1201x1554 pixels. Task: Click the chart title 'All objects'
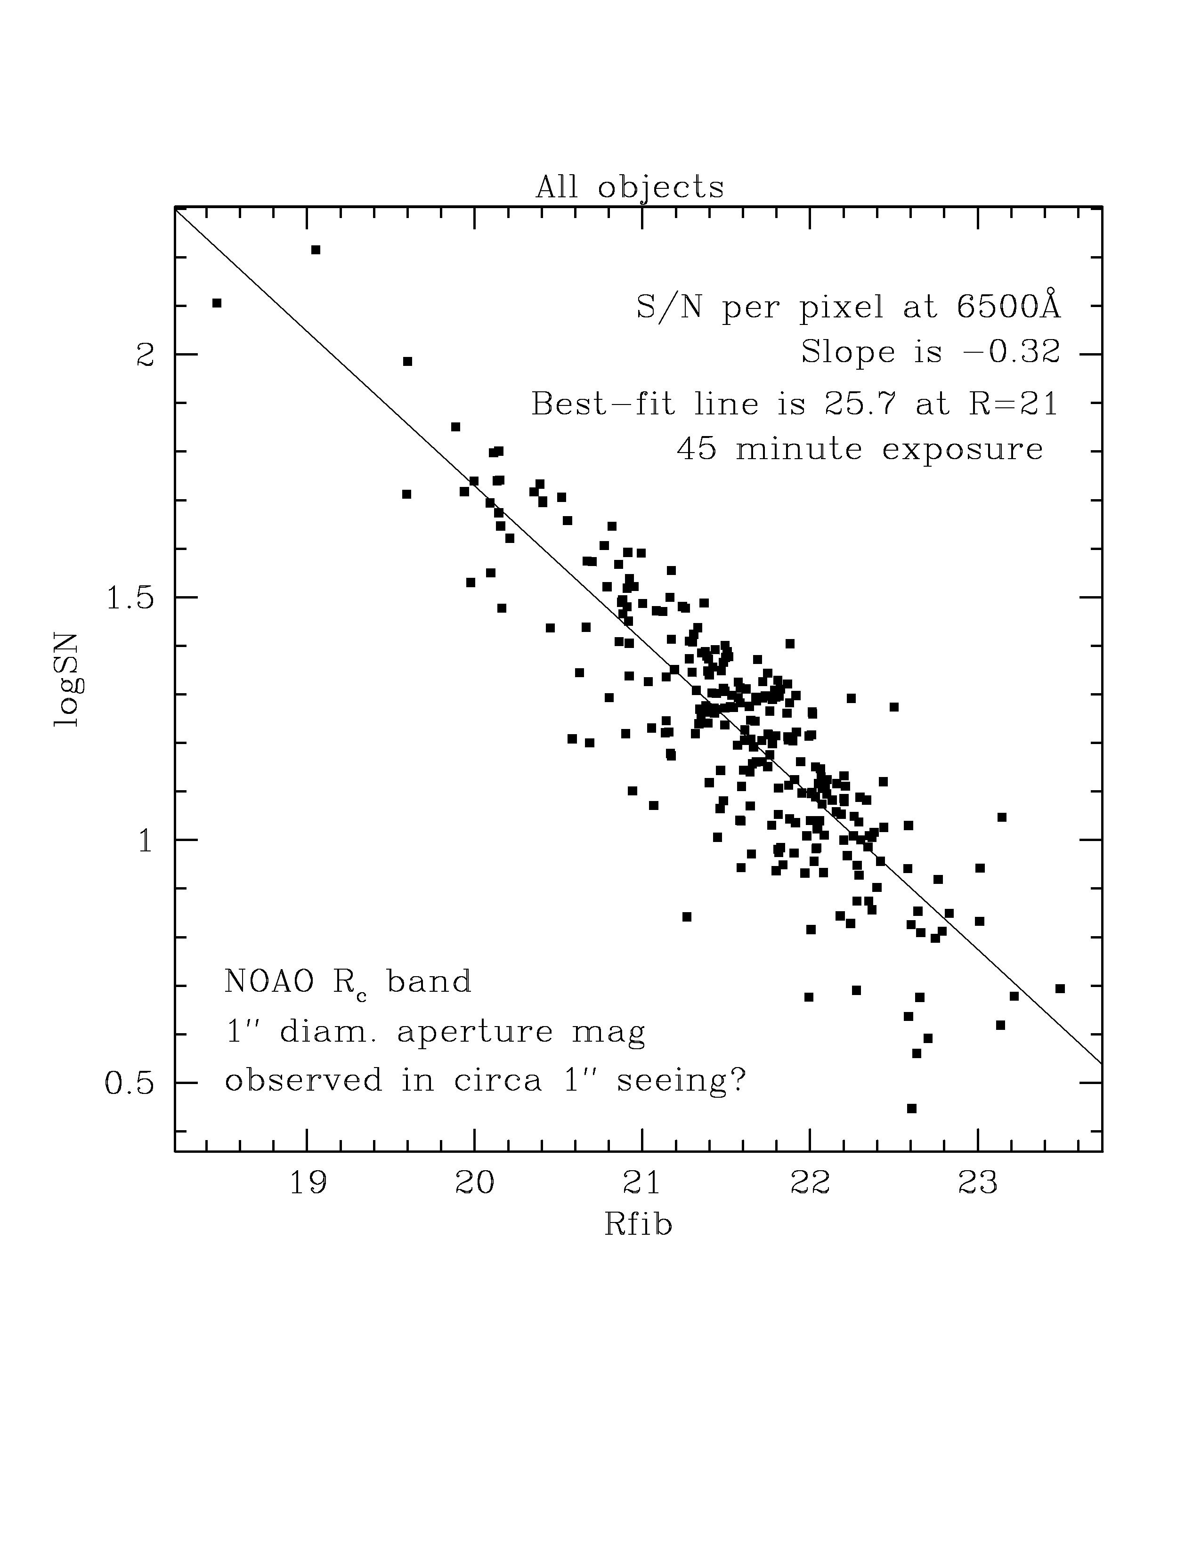(x=630, y=187)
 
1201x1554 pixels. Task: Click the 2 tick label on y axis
(x=145, y=354)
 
